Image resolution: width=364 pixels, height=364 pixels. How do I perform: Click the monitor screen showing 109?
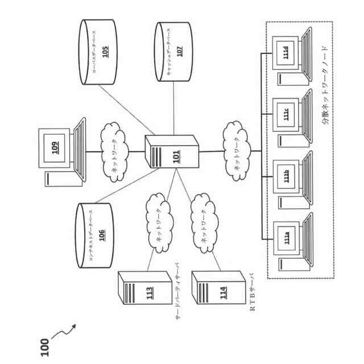click(54, 148)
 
